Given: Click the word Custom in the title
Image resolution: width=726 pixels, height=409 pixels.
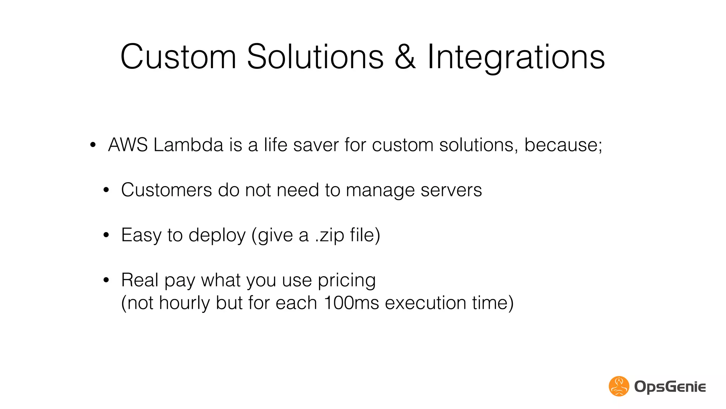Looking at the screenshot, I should (178, 57).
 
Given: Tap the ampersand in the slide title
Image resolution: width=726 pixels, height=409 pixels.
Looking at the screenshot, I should (405, 57).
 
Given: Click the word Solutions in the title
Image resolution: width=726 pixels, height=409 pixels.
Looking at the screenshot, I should (315, 57).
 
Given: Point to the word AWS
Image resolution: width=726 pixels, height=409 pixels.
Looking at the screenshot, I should (128, 145).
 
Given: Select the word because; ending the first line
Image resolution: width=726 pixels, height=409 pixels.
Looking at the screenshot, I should (563, 145).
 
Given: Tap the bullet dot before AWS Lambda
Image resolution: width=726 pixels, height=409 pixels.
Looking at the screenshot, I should (93, 145).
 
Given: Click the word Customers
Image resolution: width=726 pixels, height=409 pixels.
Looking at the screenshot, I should (166, 190).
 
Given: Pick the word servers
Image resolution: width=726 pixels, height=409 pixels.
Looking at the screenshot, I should (451, 190).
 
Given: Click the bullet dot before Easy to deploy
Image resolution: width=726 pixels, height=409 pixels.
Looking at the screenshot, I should (106, 235).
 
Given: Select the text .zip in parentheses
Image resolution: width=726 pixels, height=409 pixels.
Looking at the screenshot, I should (329, 235).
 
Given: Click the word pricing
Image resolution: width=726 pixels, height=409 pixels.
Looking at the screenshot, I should (346, 280).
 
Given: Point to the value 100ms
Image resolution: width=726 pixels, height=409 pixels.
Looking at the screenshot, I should (351, 303).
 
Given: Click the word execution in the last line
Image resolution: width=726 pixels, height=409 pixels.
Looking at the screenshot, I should (425, 303).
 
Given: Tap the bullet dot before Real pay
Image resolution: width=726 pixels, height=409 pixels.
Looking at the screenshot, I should (106, 280).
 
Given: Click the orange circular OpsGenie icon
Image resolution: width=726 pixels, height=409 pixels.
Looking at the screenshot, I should (619, 386).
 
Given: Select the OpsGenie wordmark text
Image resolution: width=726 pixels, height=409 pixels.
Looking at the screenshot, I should (670, 387).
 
